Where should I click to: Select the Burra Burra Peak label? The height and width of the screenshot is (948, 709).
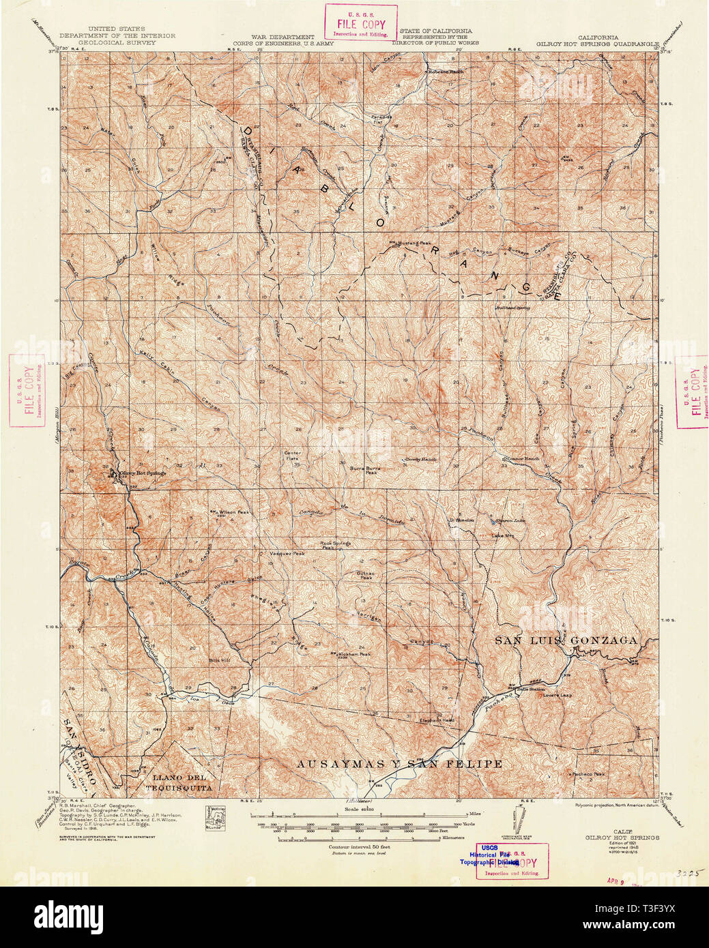click(x=364, y=471)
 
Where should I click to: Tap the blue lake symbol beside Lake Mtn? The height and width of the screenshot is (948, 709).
click(x=494, y=522)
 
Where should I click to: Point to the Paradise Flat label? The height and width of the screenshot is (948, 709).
click(x=381, y=119)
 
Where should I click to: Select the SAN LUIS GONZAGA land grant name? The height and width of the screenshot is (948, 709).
click(x=566, y=640)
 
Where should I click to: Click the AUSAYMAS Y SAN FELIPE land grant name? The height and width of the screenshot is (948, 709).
click(x=399, y=764)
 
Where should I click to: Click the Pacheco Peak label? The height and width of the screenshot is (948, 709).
click(x=588, y=774)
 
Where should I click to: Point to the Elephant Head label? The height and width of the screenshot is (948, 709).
click(x=437, y=720)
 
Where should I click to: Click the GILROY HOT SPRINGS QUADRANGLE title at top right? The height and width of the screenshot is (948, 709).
click(x=598, y=43)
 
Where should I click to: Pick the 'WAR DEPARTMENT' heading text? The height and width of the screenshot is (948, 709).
click(x=283, y=37)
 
